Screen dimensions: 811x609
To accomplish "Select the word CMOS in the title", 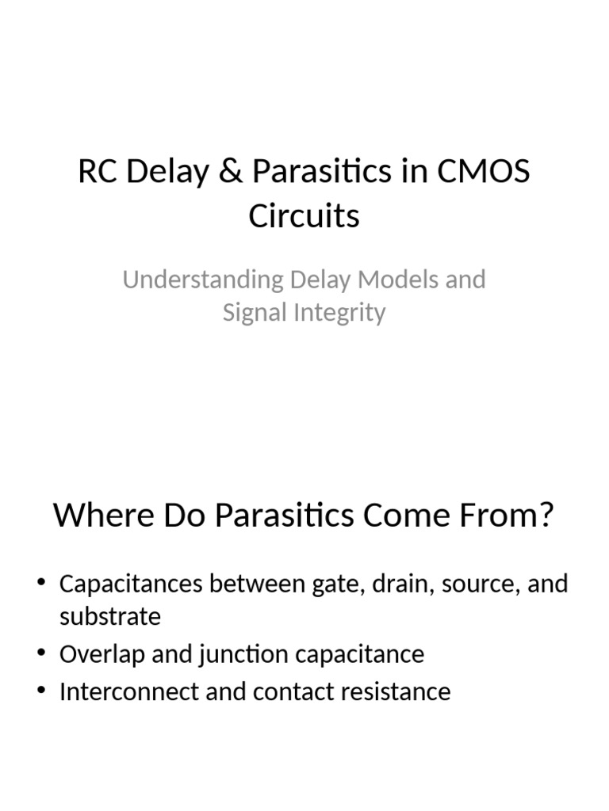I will [x=491, y=173].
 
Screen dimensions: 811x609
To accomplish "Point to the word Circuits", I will [x=304, y=216].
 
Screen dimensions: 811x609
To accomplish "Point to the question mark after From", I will [x=545, y=516].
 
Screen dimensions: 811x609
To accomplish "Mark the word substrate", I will [x=110, y=616].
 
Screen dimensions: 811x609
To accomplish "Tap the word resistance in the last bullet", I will [x=396, y=691].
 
